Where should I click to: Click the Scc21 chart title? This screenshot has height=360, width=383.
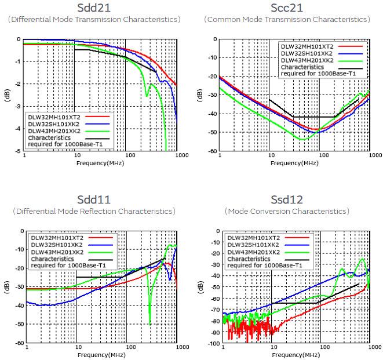(287, 8)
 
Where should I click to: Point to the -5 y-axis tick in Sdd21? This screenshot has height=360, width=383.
(19, 151)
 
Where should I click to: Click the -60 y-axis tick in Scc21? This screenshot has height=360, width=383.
(212, 151)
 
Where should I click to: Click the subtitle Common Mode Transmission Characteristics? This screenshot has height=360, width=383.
(287, 20)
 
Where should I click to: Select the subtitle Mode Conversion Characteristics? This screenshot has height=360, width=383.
(287, 211)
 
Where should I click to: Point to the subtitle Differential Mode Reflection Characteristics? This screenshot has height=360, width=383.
(93, 211)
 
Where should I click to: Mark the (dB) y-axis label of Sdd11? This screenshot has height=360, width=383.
(8, 288)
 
